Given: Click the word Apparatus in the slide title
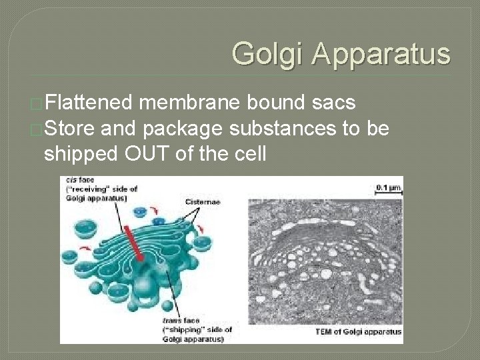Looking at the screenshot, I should coord(380,53).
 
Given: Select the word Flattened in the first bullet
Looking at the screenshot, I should coord(90,104).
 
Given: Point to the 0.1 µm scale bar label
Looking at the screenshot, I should coord(387,187).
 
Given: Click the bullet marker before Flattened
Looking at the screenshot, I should coord(38,105).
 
